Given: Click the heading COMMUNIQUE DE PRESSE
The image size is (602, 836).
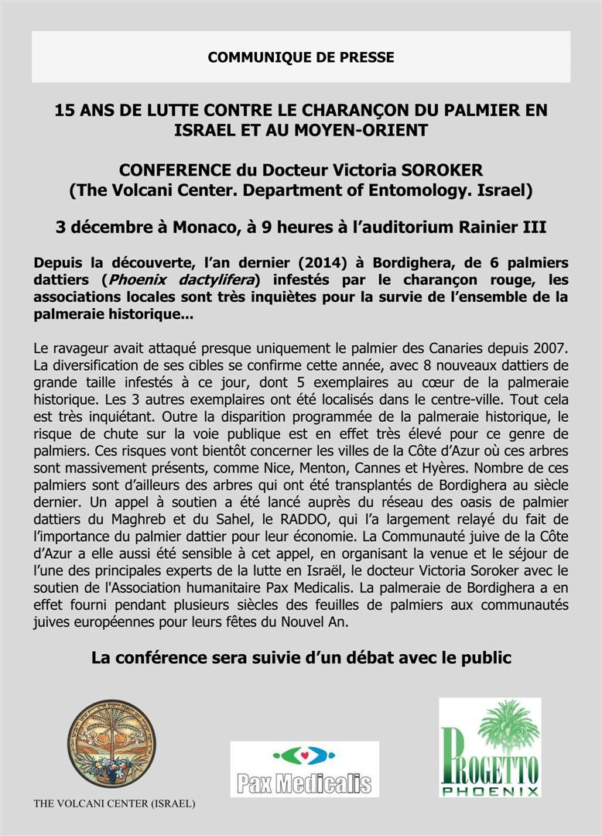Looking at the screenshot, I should point(301,57).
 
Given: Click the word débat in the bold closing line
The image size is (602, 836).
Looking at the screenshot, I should point(374,658).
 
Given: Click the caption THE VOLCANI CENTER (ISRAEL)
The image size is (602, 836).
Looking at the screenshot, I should point(115,803).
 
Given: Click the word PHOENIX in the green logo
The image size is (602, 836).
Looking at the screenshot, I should point(490,791).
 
